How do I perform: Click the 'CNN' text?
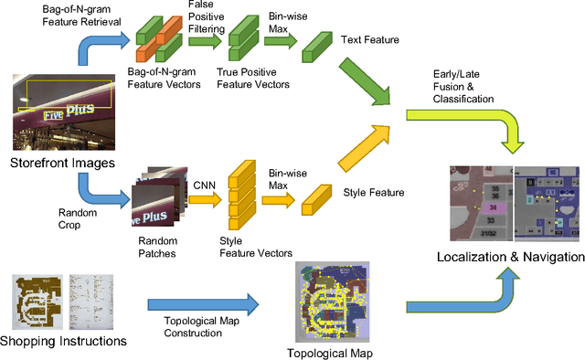click(x=203, y=184)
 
